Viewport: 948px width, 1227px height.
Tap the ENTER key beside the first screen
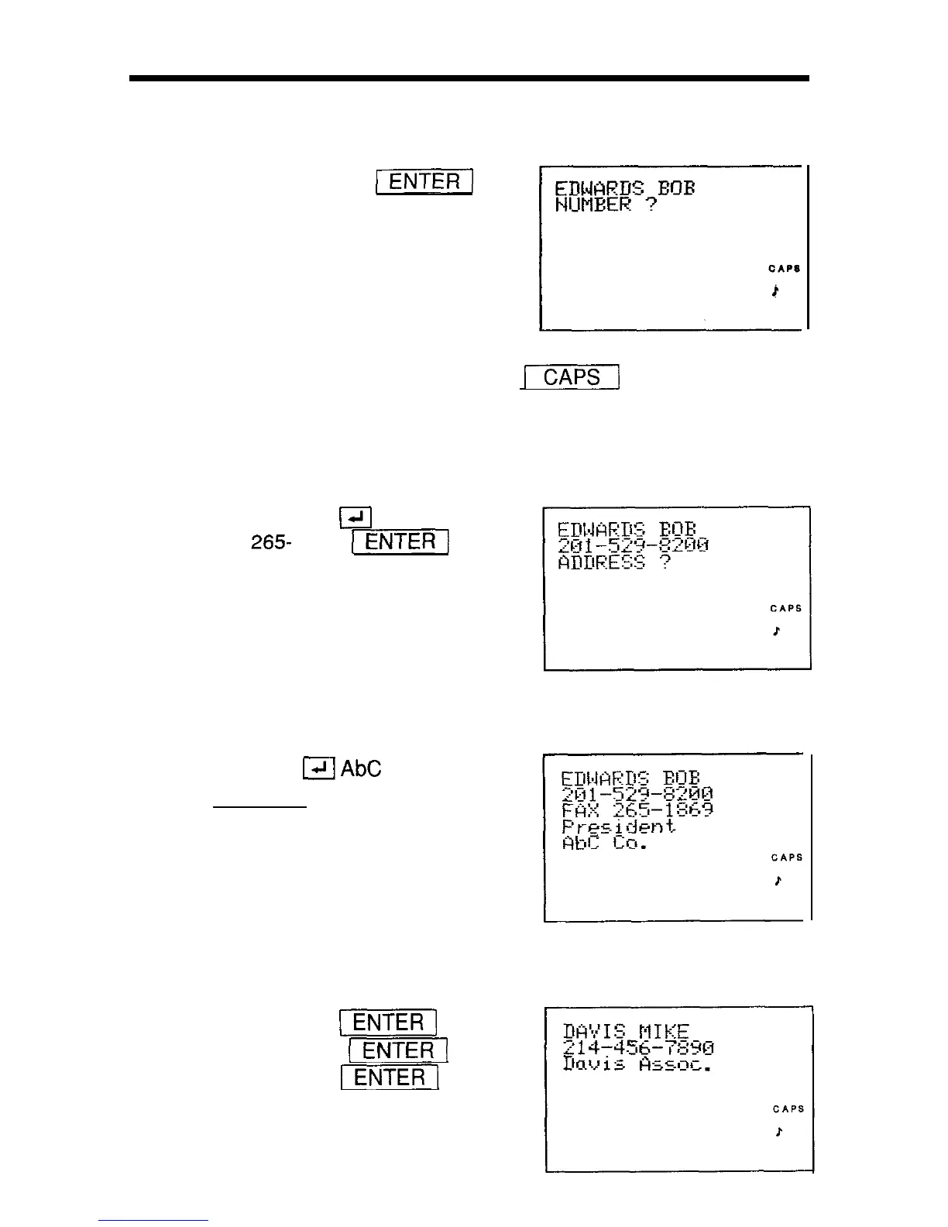coord(424,182)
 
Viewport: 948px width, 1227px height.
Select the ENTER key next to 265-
coord(400,541)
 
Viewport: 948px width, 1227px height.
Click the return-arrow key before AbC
coord(319,768)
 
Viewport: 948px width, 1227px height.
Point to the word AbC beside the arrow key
coord(361,768)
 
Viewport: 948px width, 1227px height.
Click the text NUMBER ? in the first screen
coord(606,205)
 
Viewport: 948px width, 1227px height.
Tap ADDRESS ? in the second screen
coord(614,562)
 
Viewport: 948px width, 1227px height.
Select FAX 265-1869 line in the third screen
coord(637,810)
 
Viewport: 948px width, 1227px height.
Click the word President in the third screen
coord(619,827)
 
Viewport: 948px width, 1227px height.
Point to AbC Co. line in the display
coord(604,843)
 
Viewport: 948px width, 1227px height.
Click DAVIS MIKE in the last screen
coord(626,1032)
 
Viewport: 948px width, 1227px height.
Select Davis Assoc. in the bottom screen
coord(637,1065)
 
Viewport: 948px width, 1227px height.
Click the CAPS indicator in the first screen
coord(784,269)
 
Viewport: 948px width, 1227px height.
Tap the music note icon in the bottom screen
coord(778,1132)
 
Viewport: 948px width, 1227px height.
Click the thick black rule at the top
coord(469,78)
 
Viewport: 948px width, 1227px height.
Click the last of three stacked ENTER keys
coord(390,1077)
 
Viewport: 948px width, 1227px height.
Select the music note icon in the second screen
coord(776,631)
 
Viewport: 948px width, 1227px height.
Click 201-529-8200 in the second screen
coord(634,545)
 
